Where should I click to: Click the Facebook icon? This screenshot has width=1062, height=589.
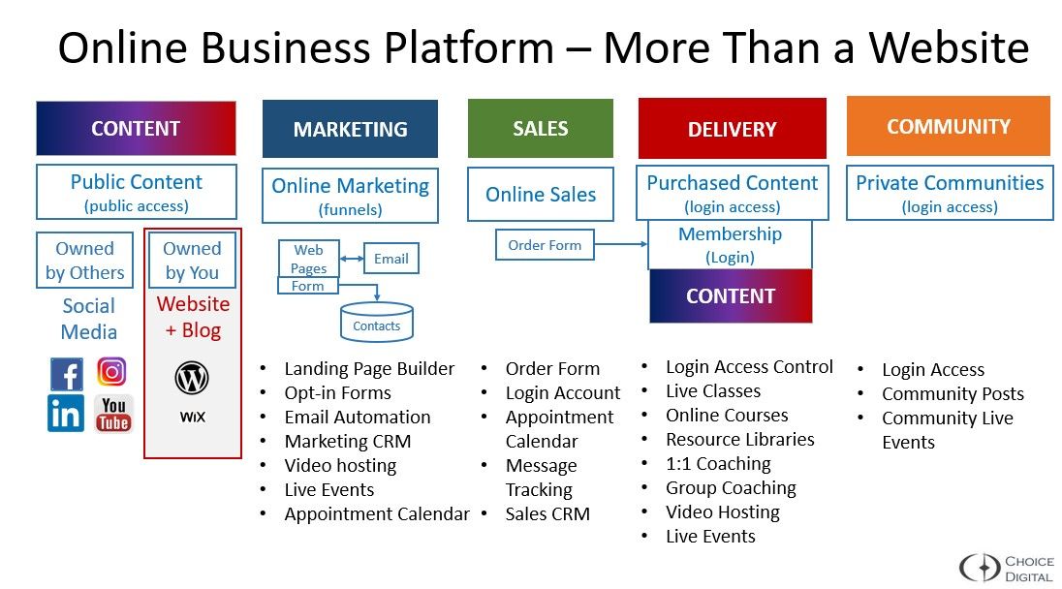tap(66, 374)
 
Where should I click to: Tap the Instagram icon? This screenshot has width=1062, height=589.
tap(112, 372)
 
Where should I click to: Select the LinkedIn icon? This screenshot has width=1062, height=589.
tap(66, 414)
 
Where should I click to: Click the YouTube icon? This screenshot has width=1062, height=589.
tap(113, 414)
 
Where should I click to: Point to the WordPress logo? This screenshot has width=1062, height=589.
tap(192, 378)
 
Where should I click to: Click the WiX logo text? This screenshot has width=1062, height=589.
tap(192, 418)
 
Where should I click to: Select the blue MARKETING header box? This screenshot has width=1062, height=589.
tap(350, 129)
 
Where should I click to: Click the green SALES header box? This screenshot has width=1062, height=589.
tap(540, 128)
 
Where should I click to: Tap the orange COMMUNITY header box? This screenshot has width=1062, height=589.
tap(948, 126)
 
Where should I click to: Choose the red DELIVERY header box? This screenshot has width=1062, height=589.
tap(732, 129)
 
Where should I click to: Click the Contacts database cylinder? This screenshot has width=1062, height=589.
tap(377, 323)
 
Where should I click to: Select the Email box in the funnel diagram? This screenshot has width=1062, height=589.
tap(390, 259)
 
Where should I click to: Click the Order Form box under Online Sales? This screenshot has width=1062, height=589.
tap(545, 245)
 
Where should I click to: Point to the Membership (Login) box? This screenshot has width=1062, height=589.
tap(730, 245)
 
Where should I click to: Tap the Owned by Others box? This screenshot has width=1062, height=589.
tap(84, 261)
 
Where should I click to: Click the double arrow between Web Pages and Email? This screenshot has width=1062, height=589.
tap(351, 259)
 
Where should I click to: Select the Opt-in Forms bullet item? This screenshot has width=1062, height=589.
tap(337, 393)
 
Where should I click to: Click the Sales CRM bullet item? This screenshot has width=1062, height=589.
tap(547, 514)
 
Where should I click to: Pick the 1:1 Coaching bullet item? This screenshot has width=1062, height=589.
tap(718, 464)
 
